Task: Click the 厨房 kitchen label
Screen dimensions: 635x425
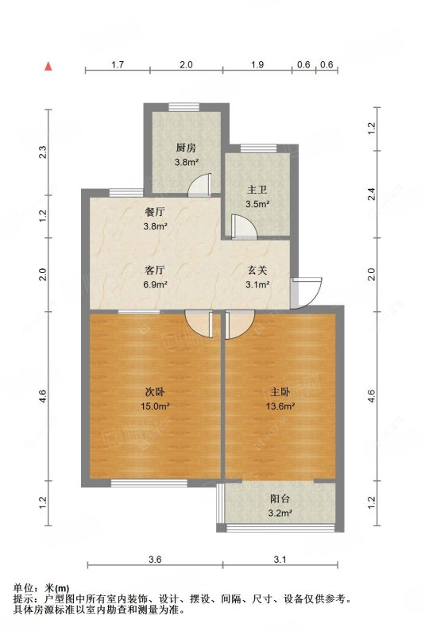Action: point(186,148)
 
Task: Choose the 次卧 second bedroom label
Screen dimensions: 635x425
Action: point(154,392)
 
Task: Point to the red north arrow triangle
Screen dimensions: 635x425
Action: point(49,67)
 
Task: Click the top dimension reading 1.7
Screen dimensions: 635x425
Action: point(118,64)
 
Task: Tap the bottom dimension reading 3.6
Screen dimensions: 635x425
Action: point(154,560)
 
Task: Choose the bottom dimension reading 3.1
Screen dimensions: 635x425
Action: point(279,560)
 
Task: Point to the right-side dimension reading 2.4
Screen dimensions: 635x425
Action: point(374,190)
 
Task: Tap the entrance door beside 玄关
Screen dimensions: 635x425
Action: point(305,291)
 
